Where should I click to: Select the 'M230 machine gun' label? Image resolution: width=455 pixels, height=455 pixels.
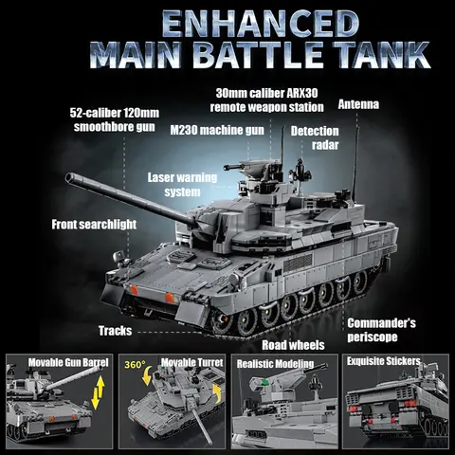(217, 130)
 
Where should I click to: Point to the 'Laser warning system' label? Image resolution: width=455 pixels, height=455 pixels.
(183, 185)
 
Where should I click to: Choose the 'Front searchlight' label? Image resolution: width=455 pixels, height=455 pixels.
(95, 225)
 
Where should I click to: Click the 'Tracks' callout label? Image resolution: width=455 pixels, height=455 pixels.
(115, 332)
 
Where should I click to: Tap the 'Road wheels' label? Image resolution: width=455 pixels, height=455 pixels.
(293, 345)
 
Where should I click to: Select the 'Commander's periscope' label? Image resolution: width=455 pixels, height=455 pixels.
(381, 330)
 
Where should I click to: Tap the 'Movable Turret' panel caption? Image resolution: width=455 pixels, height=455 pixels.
(186, 363)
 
